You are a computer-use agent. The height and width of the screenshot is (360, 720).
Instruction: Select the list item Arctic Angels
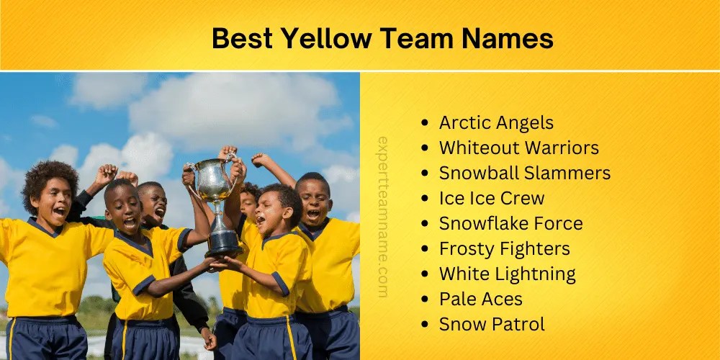(x=496, y=122)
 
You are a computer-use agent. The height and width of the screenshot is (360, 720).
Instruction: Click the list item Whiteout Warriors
(x=518, y=148)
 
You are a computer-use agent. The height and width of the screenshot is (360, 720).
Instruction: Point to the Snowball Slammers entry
(x=524, y=173)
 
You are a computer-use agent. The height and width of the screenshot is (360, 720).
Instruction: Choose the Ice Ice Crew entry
(x=492, y=198)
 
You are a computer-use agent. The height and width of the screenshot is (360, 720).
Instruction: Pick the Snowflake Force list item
(x=510, y=223)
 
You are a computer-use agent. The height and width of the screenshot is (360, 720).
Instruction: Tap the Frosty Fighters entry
(x=504, y=248)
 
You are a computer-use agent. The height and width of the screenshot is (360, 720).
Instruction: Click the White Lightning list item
(x=507, y=274)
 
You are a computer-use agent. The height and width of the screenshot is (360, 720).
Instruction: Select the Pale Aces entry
(x=480, y=299)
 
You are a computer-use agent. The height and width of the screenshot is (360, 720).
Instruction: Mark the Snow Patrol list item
(x=492, y=324)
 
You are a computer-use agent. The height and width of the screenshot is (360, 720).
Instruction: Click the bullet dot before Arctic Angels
(x=427, y=123)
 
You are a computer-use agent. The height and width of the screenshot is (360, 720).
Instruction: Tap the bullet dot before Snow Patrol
(x=427, y=325)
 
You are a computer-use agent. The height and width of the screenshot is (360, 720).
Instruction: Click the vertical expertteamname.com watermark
(x=382, y=217)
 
